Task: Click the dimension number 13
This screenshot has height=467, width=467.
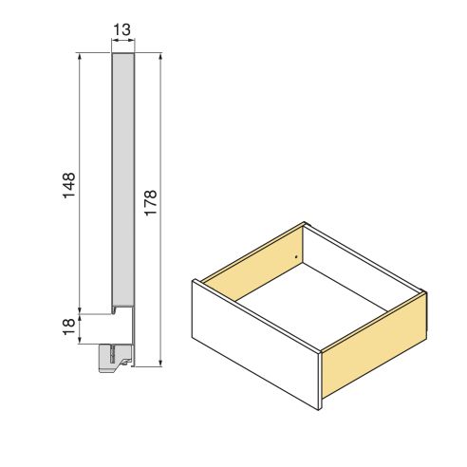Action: tap(121, 30)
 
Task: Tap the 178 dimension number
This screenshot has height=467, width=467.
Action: tap(150, 204)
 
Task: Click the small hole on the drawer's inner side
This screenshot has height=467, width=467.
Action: tap(297, 256)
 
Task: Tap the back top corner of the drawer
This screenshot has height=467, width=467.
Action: tap(304, 224)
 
